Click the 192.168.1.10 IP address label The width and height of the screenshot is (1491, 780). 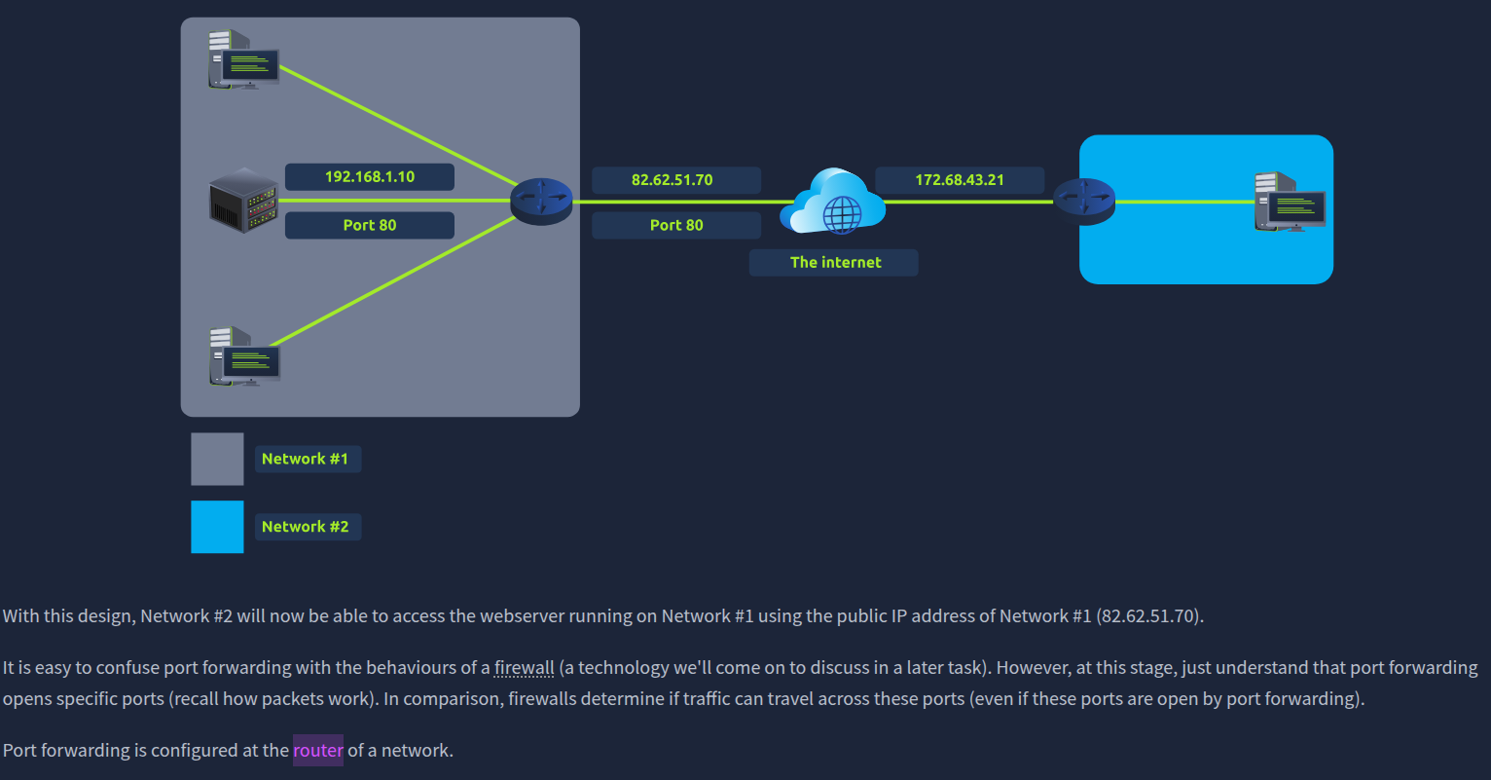coord(370,177)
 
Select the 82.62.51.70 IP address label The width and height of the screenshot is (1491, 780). coord(673,180)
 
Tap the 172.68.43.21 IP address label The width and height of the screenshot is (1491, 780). coord(960,180)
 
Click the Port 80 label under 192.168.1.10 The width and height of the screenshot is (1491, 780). coord(370,225)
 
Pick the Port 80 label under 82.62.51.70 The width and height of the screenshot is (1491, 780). coord(676,225)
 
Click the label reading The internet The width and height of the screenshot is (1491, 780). coord(835,262)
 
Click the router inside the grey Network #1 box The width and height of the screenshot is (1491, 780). coord(541,202)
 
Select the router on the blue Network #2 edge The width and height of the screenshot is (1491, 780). coord(1083,202)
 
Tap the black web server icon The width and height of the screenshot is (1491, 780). coord(244,200)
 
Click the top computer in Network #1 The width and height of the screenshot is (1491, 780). coord(242,60)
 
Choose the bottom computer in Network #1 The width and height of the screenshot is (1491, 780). coord(244,356)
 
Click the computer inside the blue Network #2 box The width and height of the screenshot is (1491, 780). coord(1290,202)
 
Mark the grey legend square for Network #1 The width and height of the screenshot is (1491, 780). coord(217,459)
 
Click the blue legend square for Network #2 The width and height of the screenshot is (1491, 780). coord(217,527)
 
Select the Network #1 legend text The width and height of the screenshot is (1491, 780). coord(306,459)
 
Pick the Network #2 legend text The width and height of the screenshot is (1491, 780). coord(306,527)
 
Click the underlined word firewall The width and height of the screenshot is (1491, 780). coord(524,668)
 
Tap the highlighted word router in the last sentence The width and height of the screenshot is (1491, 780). coord(318,751)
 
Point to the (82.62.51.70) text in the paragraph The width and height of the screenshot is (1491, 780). coord(1149,616)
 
